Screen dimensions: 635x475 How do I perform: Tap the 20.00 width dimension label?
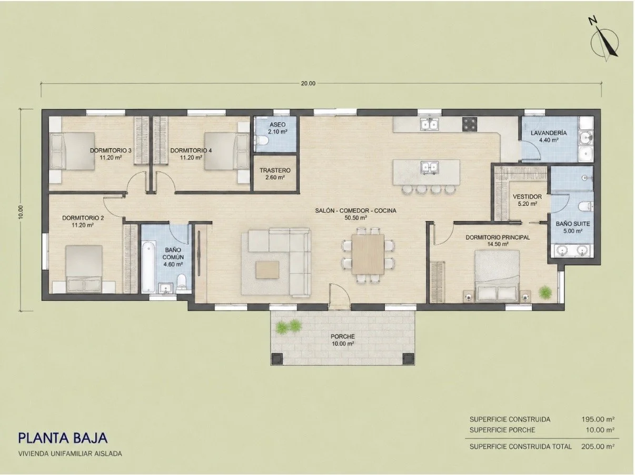308,84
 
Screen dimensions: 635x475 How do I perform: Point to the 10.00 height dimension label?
21,212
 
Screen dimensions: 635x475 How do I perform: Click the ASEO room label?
277,125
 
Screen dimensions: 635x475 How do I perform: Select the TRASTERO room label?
275,170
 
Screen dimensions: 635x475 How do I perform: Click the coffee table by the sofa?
267,269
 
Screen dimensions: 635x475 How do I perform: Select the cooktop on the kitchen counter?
470,124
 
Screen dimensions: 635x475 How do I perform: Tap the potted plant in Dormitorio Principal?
545,292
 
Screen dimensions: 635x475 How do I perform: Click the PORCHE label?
343,336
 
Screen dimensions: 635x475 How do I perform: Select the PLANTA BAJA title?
63,438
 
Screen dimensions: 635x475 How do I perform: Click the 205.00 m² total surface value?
598,447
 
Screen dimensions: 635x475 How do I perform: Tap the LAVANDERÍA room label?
549,133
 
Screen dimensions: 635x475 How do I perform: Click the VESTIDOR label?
527,197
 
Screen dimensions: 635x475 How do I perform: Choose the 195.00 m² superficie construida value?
598,419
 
